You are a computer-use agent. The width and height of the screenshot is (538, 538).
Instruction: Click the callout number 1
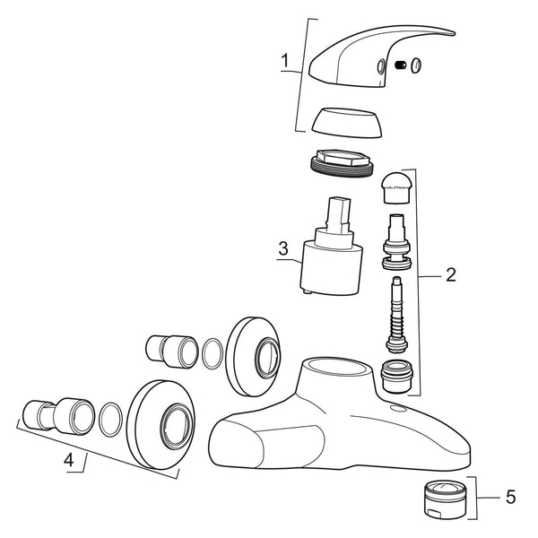(x=285, y=61)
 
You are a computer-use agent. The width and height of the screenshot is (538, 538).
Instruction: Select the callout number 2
(x=451, y=274)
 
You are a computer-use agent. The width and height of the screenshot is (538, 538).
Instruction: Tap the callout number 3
(x=283, y=248)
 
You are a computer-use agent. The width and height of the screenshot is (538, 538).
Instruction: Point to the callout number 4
(x=69, y=460)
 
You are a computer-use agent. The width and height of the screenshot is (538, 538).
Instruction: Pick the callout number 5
(x=510, y=497)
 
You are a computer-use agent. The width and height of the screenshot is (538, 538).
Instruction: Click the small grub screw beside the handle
(x=401, y=65)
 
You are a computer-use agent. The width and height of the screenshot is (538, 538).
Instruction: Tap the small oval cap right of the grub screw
(x=416, y=65)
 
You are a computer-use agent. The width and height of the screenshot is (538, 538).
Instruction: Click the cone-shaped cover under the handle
(x=347, y=123)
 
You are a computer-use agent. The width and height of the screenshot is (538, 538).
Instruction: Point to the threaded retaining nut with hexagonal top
(x=342, y=164)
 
